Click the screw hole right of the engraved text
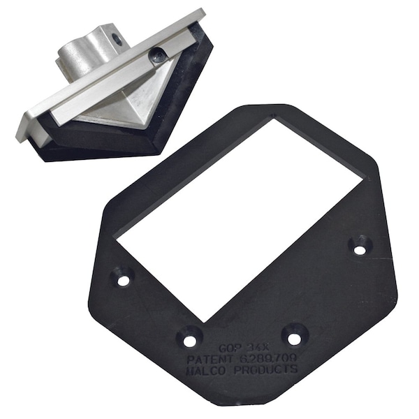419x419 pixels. (295, 338)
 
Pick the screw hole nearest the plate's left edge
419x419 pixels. (124, 281)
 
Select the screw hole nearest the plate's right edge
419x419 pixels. (359, 248)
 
